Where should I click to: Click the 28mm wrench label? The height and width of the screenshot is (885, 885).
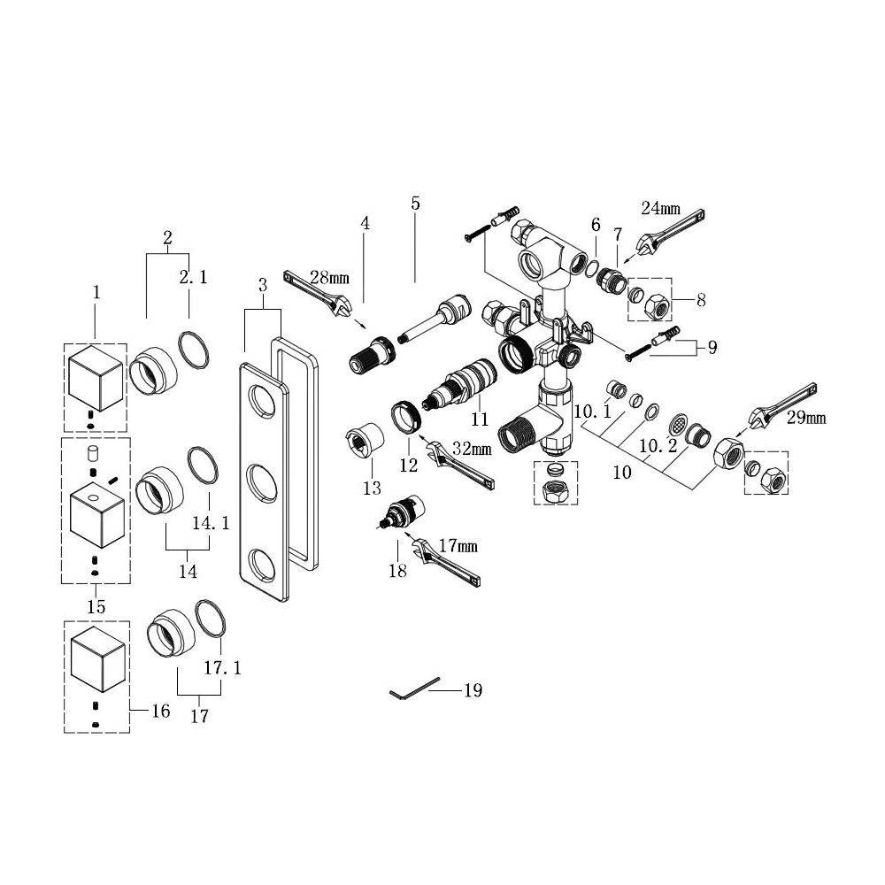pyautogui.click(x=329, y=278)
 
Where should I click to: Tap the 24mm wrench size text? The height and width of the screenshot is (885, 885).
pyautogui.click(x=660, y=208)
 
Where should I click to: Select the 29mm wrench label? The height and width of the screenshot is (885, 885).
pyautogui.click(x=806, y=419)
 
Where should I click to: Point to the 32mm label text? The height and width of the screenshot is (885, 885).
pyautogui.click(x=472, y=449)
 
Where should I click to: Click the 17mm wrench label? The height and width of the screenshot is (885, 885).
pyautogui.click(x=458, y=546)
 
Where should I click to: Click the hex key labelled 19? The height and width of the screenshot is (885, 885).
pyautogui.click(x=414, y=688)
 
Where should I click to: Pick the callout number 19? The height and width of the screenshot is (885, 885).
pyautogui.click(x=473, y=690)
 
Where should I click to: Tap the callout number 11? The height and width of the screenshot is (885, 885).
pyautogui.click(x=479, y=419)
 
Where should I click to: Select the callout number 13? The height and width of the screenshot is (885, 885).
pyautogui.click(x=372, y=488)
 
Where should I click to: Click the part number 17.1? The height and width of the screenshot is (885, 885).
pyautogui.click(x=222, y=668)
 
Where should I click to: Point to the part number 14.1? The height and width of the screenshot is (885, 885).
pyautogui.click(x=211, y=523)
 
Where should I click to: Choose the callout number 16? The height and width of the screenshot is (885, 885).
pyautogui.click(x=161, y=711)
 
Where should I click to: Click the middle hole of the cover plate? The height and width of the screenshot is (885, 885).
pyautogui.click(x=261, y=484)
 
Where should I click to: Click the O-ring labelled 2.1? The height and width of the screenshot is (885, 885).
pyautogui.click(x=194, y=351)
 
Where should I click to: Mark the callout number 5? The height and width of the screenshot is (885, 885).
pyautogui.click(x=415, y=204)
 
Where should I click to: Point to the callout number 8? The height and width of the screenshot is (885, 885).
pyautogui.click(x=701, y=300)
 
